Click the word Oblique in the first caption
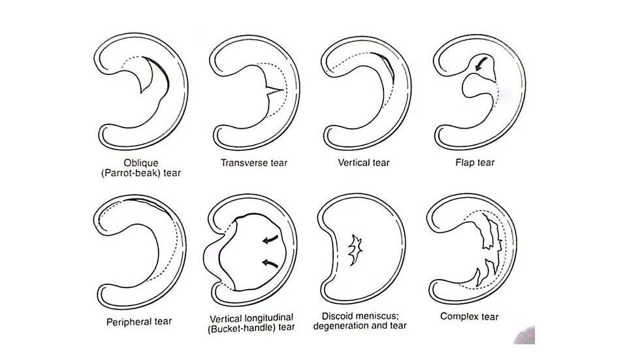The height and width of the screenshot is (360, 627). click(141, 163)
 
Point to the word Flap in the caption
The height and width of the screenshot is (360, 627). click(464, 163)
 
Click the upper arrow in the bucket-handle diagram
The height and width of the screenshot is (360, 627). click(268, 240)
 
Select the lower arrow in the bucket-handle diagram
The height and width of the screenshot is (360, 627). click(268, 263)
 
